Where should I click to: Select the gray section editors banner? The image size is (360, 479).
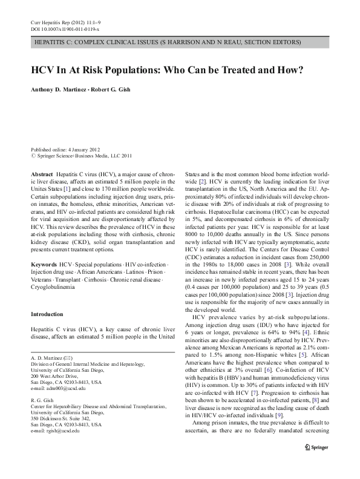click(x=180, y=43)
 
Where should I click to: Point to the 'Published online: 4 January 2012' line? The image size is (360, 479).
click(x=65, y=149)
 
